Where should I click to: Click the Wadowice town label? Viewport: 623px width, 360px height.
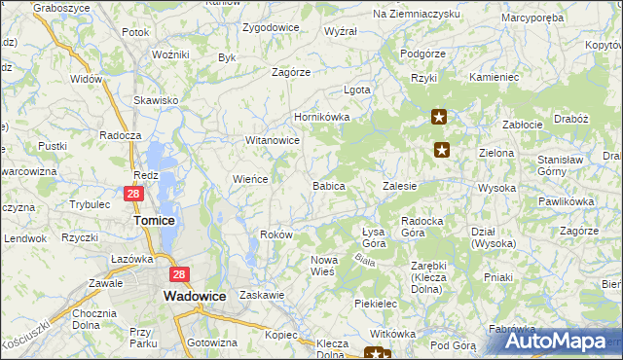[x=196, y=295]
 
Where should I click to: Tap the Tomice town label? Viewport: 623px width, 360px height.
[x=153, y=221]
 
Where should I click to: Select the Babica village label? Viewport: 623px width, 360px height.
[x=328, y=185]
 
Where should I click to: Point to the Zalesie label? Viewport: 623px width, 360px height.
[x=400, y=185]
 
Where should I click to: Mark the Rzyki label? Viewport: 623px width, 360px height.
[x=423, y=77]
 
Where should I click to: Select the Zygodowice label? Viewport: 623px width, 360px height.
[x=271, y=27]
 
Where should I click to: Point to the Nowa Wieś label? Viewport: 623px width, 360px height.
[x=323, y=265]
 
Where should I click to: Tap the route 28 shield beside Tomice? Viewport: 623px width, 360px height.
[x=134, y=195]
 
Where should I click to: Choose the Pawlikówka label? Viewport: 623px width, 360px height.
[x=566, y=201]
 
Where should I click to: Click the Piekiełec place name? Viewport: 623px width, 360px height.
[x=376, y=304]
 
